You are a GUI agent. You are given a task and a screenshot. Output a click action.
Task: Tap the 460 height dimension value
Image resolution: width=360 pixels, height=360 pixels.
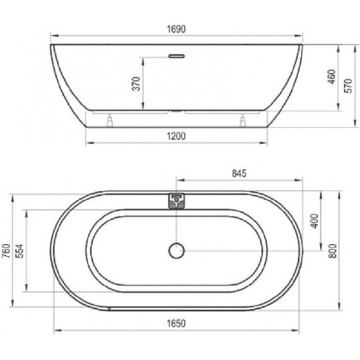click(x=322, y=79)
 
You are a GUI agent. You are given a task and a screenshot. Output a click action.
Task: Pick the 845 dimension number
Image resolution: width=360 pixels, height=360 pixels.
click(x=238, y=172)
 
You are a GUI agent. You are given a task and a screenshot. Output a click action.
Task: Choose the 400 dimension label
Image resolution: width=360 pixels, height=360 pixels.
click(x=314, y=221)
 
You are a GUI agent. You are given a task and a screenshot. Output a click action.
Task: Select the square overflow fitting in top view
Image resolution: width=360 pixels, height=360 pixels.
click(x=176, y=201)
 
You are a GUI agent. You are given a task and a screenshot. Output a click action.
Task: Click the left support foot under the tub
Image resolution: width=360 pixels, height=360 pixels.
click(x=111, y=119)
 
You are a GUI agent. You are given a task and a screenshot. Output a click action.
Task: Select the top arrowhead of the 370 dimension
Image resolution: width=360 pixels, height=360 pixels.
click(x=145, y=58)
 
